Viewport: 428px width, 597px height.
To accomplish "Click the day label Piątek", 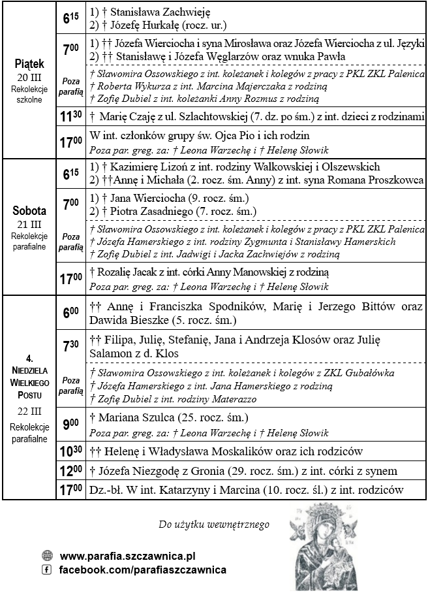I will pos(29,64).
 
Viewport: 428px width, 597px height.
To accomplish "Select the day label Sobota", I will pos(29,211).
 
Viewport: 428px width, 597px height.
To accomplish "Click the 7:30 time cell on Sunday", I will pos(70,346).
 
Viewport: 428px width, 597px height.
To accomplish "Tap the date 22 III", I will pos(29,412).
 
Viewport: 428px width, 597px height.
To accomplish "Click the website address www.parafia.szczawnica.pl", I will pos(128,557).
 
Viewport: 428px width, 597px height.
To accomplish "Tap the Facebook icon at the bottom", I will pos(46,570).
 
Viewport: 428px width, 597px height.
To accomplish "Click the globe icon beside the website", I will pos(46,557).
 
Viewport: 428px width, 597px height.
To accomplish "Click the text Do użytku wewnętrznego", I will pos(214,524).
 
